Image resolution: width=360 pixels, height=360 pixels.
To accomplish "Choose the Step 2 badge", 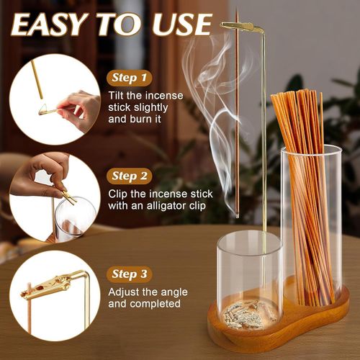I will click(129, 175).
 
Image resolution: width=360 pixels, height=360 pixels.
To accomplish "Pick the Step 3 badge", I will click(129, 274).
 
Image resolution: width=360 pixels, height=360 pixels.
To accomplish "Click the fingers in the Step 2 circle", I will click(47, 173).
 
